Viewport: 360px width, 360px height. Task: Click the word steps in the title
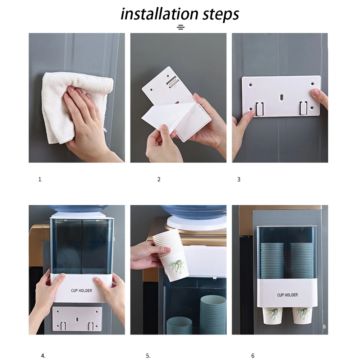pos(221,15)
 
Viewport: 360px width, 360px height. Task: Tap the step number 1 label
pos(40,179)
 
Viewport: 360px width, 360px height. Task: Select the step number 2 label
pos(159,179)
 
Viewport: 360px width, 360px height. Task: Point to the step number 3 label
pos(239,179)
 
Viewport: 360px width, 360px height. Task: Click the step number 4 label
pos(43,356)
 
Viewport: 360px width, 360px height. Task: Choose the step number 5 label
pos(148,356)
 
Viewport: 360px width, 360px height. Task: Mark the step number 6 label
pos(253,356)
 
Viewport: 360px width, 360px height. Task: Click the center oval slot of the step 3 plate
pos(281,97)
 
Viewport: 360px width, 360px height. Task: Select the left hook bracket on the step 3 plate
pos(259,109)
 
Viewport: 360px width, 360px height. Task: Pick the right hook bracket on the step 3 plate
pos(303,108)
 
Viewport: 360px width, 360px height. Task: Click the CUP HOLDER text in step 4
pos(82,291)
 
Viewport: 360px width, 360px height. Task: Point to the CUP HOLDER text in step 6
pos(287,295)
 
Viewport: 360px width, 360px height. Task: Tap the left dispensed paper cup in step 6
pos(273,316)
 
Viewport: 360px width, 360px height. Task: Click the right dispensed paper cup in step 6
pos(302,316)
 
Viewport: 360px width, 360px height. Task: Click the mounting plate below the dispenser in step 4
pos(77,319)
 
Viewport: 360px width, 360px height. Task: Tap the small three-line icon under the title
pos(181,27)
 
